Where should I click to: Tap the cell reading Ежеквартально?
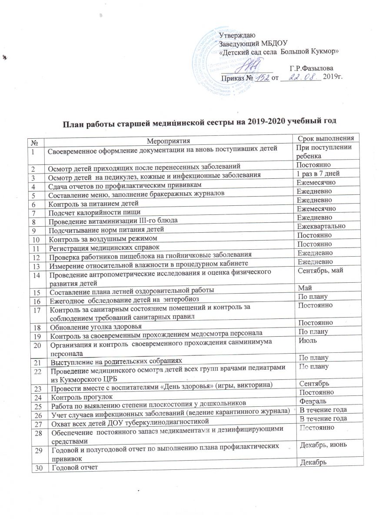pyautogui.click(x=321, y=227)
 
